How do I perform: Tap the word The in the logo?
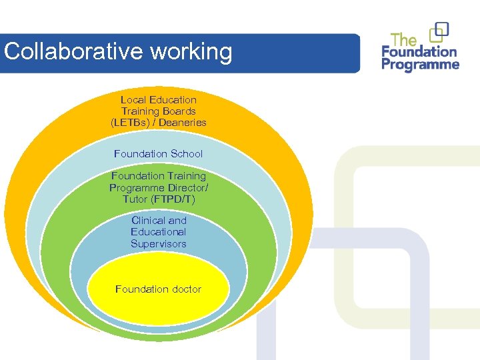coord(404,39)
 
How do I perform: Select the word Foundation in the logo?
coord(419,52)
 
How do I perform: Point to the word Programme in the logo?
coord(421,65)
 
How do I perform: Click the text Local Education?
coord(159,100)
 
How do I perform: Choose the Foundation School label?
coord(159,154)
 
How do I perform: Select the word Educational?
coord(159,232)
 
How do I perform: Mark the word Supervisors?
coord(159,244)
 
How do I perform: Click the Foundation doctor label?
coord(158,289)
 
